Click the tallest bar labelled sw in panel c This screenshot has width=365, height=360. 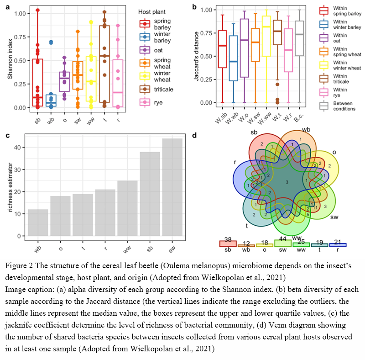(172, 187)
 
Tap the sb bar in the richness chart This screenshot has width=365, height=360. (150, 194)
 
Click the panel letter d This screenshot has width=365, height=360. (195, 135)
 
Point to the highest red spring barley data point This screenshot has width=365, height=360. (37, 10)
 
